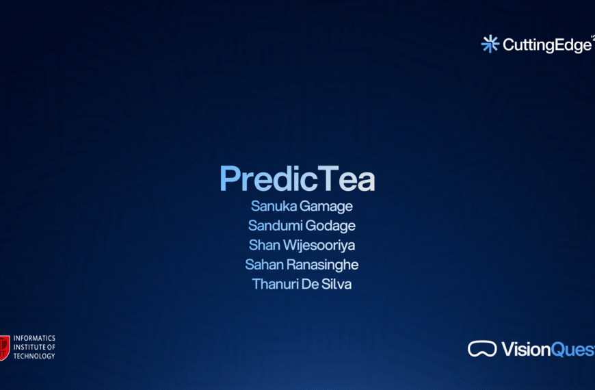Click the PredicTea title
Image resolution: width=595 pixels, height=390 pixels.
[x=297, y=179]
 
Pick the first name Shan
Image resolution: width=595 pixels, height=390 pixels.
[x=264, y=245]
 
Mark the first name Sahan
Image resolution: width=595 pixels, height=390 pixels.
[x=264, y=265]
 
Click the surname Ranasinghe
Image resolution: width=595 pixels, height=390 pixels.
[x=322, y=265]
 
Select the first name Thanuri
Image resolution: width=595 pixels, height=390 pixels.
[x=275, y=284]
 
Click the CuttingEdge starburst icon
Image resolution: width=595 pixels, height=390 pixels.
[x=490, y=44]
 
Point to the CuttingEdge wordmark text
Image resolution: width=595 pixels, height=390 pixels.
[x=546, y=45]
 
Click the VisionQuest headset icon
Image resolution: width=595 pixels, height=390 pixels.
[x=482, y=349]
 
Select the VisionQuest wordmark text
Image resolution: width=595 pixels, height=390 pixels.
[x=547, y=350]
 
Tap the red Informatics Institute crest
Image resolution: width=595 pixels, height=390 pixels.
[x=4, y=347]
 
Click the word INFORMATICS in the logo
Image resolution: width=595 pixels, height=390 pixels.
[x=34, y=339]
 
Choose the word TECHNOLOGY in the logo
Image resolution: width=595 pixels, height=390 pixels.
[x=34, y=356]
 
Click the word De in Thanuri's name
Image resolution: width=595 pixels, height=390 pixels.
[x=309, y=284]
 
